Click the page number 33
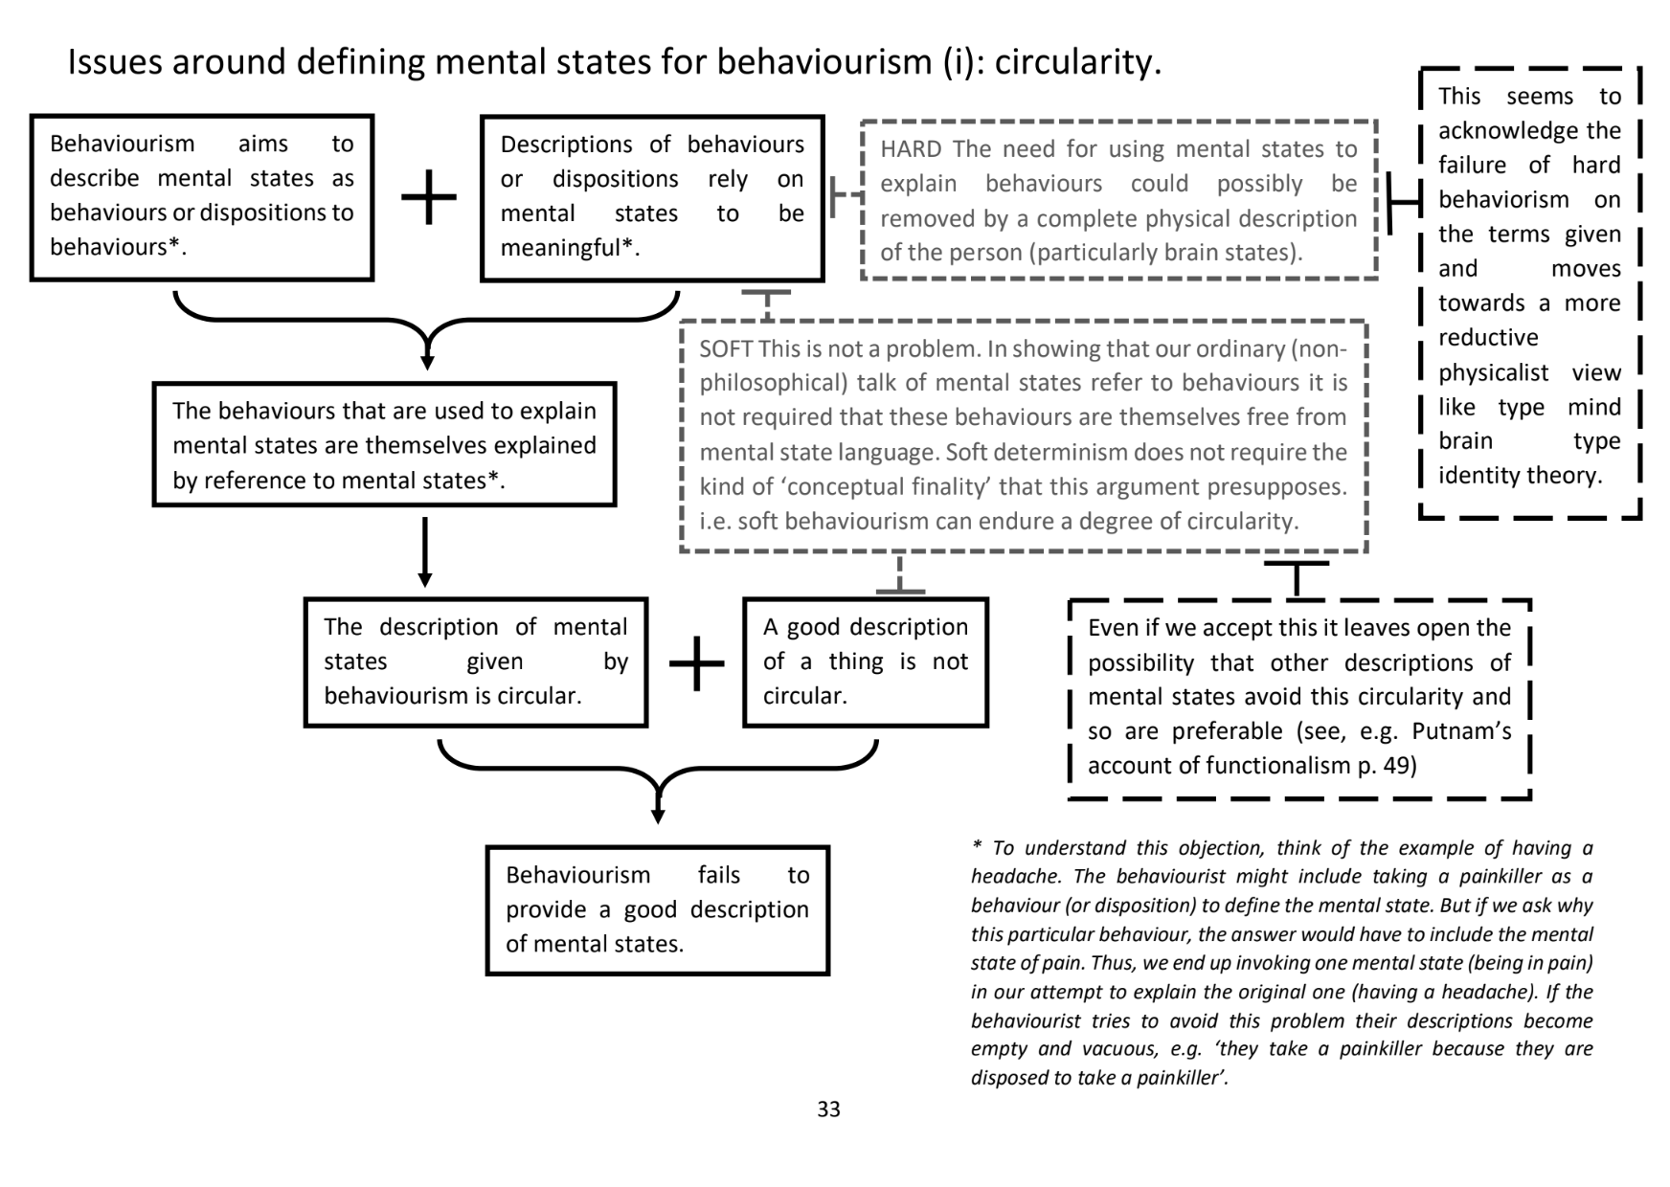pos(828,1109)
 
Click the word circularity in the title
pos(1077,62)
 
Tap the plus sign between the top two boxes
pos(428,197)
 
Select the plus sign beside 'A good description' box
pos(696,662)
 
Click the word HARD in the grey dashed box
pos(911,149)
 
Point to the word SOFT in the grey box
pos(725,348)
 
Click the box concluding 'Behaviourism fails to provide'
pos(657,909)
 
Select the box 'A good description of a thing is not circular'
pos(865,661)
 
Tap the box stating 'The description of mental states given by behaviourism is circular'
pos(475,661)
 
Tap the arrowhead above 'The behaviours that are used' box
pos(427,362)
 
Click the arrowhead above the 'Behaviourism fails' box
pos(658,815)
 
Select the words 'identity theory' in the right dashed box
pos(1519,476)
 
